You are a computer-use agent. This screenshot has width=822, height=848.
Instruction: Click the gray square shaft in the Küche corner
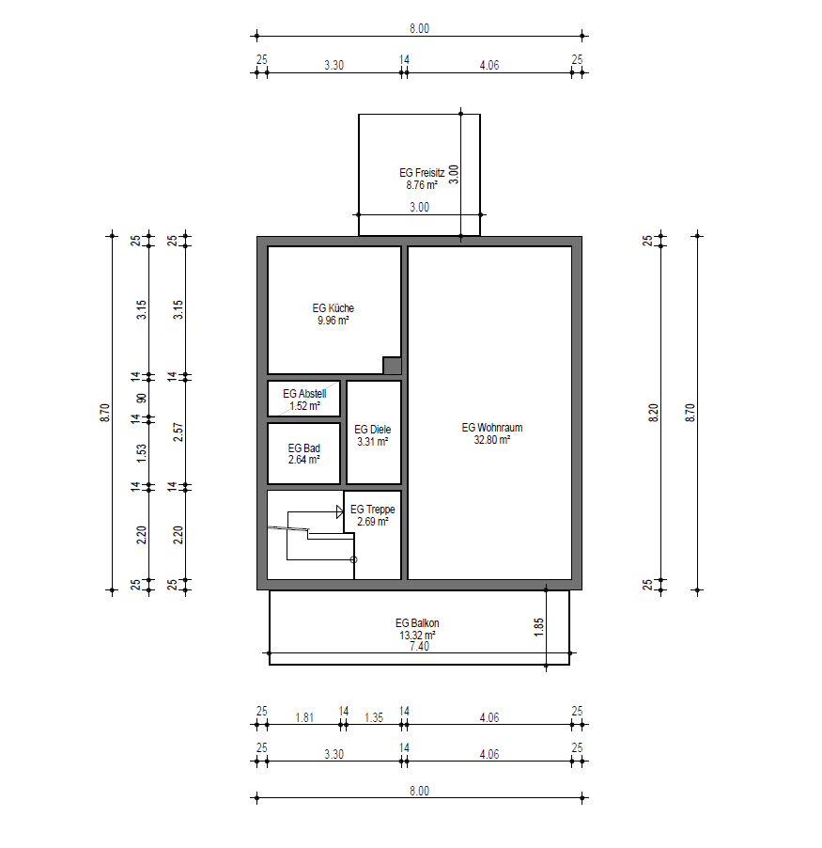coord(393,366)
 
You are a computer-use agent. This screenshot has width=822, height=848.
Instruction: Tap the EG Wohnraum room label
coord(492,428)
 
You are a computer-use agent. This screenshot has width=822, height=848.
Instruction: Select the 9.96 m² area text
coord(333,321)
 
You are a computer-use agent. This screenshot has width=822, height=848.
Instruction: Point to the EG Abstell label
coord(304,394)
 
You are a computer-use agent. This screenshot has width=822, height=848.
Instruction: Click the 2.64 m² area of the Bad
coord(303,460)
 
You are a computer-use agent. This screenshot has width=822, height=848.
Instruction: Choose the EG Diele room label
coord(372,430)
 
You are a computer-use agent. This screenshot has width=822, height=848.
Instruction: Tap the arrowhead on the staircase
coord(340,511)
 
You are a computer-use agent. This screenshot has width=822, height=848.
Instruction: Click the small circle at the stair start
coord(353,559)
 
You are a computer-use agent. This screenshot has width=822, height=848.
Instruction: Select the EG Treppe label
coord(372,510)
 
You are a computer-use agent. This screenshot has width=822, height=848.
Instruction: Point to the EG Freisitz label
coord(422,173)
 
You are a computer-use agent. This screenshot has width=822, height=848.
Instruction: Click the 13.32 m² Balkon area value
coord(417,636)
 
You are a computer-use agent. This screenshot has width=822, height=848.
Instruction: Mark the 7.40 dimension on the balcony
coord(419,646)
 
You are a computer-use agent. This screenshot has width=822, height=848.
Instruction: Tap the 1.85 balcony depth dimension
coord(539,627)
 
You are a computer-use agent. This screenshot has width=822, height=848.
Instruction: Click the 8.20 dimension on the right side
coord(654,413)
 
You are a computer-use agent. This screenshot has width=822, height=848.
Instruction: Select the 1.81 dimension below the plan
coord(304,717)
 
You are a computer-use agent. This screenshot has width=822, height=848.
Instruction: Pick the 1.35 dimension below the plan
coord(374,717)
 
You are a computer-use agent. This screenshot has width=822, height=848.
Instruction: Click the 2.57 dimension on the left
coord(178,432)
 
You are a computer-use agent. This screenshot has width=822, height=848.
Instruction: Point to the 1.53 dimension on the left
coord(141,453)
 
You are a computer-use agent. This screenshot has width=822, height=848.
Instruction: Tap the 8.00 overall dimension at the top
coord(419,28)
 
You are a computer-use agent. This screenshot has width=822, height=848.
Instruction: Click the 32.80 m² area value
coord(492,440)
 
